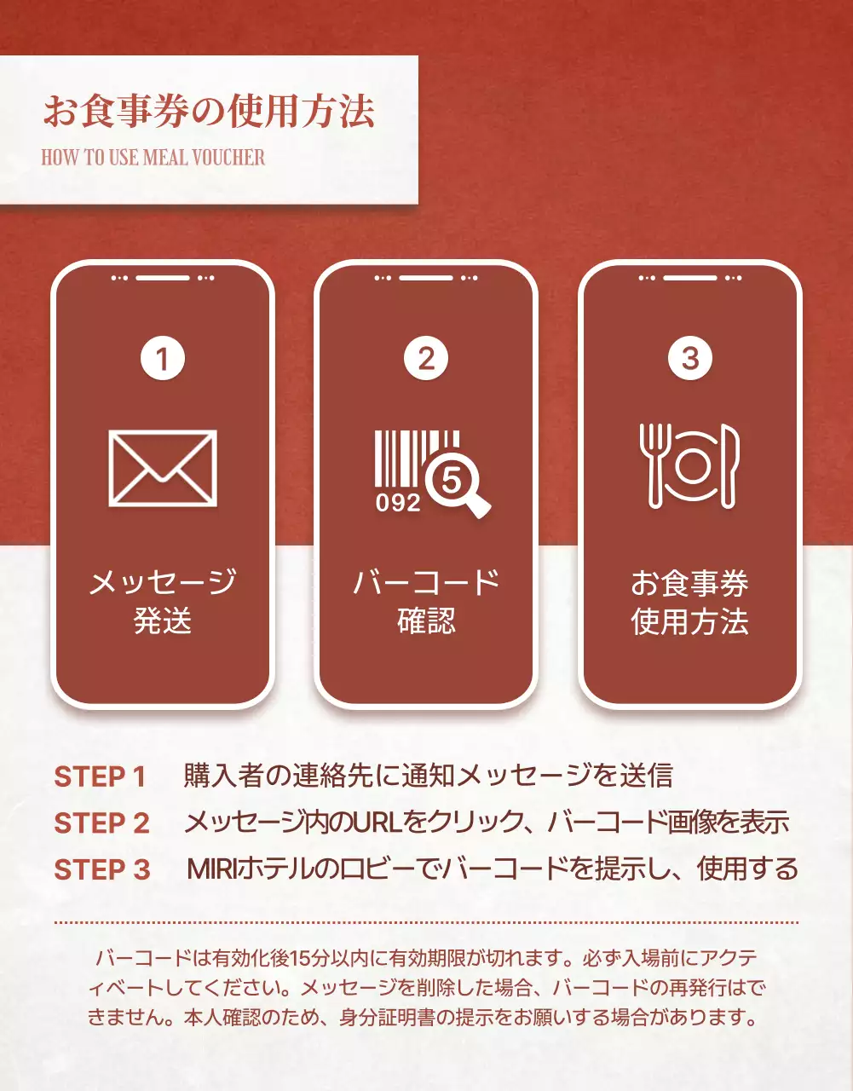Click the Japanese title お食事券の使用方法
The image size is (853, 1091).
click(x=209, y=112)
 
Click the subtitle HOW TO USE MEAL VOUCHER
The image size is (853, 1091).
click(x=153, y=157)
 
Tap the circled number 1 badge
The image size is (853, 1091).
click(x=162, y=359)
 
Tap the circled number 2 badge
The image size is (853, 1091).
click(x=426, y=359)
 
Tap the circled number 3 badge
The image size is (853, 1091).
click(x=690, y=359)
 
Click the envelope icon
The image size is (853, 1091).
click(x=163, y=468)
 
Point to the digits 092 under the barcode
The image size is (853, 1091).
click(x=398, y=503)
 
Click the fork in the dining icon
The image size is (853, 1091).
click(x=654, y=465)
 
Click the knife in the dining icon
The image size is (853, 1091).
click(x=729, y=465)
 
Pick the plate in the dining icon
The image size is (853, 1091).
click(x=692, y=466)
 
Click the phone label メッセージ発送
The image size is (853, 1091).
click(x=163, y=601)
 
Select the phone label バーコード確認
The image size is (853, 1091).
click(x=426, y=601)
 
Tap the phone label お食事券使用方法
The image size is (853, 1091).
click(x=690, y=602)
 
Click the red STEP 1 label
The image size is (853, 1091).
click(x=100, y=777)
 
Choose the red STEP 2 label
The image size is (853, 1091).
click(x=101, y=823)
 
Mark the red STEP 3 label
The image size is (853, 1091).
click(x=101, y=869)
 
